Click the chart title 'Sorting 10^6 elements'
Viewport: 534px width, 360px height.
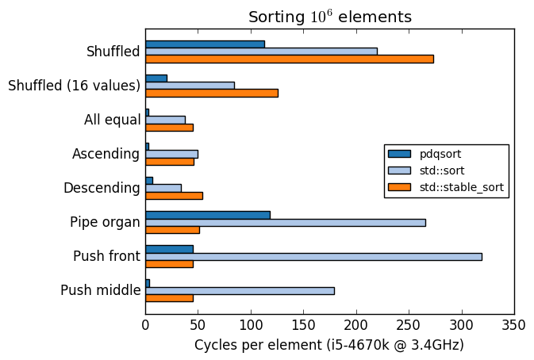point(329,17)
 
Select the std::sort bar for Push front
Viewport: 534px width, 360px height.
point(313,256)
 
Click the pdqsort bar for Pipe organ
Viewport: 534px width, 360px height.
point(207,214)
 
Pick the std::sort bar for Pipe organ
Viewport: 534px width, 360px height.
point(285,222)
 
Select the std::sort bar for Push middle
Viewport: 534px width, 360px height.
point(240,290)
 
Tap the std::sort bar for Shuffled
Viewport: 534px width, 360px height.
point(261,51)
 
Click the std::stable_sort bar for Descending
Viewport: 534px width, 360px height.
point(174,195)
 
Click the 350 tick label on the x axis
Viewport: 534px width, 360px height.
point(514,324)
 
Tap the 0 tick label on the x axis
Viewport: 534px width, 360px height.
point(145,324)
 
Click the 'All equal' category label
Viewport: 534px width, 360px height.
point(112,120)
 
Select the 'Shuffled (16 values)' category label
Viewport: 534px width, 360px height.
point(74,86)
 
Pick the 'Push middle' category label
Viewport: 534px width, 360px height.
point(100,290)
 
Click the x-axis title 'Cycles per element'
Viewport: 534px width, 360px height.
point(328,345)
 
